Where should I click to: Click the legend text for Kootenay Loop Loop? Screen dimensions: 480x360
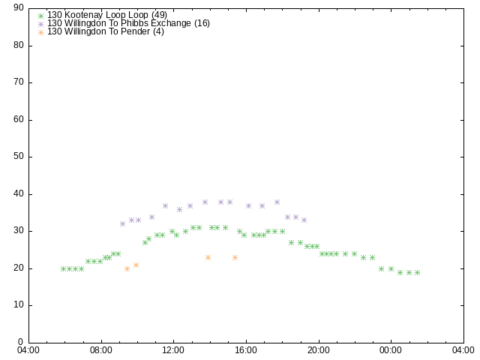pyautogui.click(x=107, y=15)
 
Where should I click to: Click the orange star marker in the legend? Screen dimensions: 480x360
pyautogui.click(x=40, y=32)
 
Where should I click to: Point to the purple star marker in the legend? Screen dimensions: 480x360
pyautogui.click(x=40, y=24)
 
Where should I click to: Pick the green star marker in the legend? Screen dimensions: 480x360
pyautogui.click(x=40, y=16)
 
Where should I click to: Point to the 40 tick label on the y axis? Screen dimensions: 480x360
pyautogui.click(x=19, y=193)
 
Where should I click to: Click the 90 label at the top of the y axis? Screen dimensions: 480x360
pyautogui.click(x=19, y=8)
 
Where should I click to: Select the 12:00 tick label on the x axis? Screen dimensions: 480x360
pyautogui.click(x=173, y=350)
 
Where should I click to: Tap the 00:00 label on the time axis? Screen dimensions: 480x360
pyautogui.click(x=391, y=350)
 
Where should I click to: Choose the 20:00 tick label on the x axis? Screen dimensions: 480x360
pyautogui.click(x=319, y=350)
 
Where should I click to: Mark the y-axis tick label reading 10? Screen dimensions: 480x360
pyautogui.click(x=19, y=305)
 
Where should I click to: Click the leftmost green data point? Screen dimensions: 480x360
pyautogui.click(x=63, y=268)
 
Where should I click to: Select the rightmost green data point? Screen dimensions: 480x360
pyautogui.click(x=417, y=272)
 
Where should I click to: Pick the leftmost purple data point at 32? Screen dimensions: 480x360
pyautogui.click(x=122, y=223)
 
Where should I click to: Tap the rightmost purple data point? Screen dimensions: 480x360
pyautogui.click(x=304, y=220)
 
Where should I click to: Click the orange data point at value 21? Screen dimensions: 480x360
pyautogui.click(x=136, y=265)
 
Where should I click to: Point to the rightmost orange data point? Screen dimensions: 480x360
pyautogui.click(x=235, y=258)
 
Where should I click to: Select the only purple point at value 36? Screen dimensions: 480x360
pyautogui.click(x=180, y=210)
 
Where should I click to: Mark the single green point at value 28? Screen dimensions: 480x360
pyautogui.click(x=148, y=239)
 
